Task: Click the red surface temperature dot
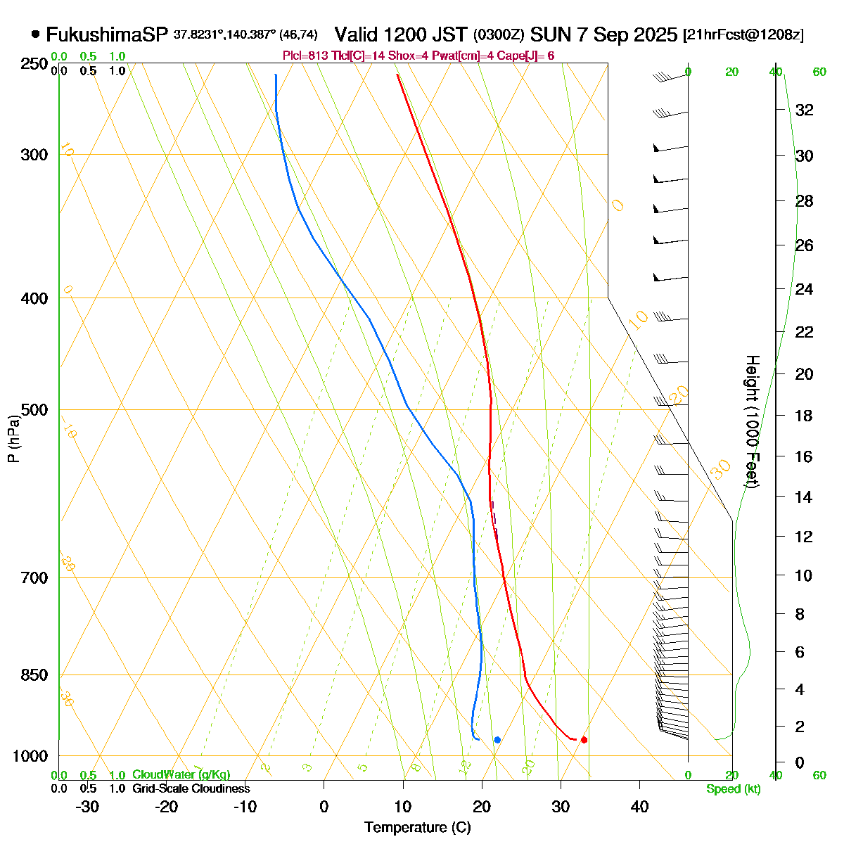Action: click(x=584, y=739)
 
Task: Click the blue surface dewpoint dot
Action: click(x=497, y=739)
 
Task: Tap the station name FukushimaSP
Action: click(x=107, y=34)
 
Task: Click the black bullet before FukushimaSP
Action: click(x=36, y=34)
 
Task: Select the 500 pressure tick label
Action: click(x=35, y=409)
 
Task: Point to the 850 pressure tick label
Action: click(x=35, y=674)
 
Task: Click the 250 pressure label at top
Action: click(x=35, y=64)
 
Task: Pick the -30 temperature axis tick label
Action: click(x=87, y=806)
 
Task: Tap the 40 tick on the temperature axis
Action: click(x=639, y=806)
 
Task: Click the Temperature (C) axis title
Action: click(x=417, y=827)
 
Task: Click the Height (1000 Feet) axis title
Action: click(x=752, y=422)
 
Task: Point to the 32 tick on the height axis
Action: click(x=804, y=110)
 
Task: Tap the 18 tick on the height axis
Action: click(x=804, y=416)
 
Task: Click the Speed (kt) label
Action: click(x=734, y=789)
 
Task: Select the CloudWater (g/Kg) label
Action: click(x=181, y=775)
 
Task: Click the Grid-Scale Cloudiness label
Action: click(x=191, y=789)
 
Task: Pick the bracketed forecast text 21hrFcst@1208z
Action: click(x=743, y=34)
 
